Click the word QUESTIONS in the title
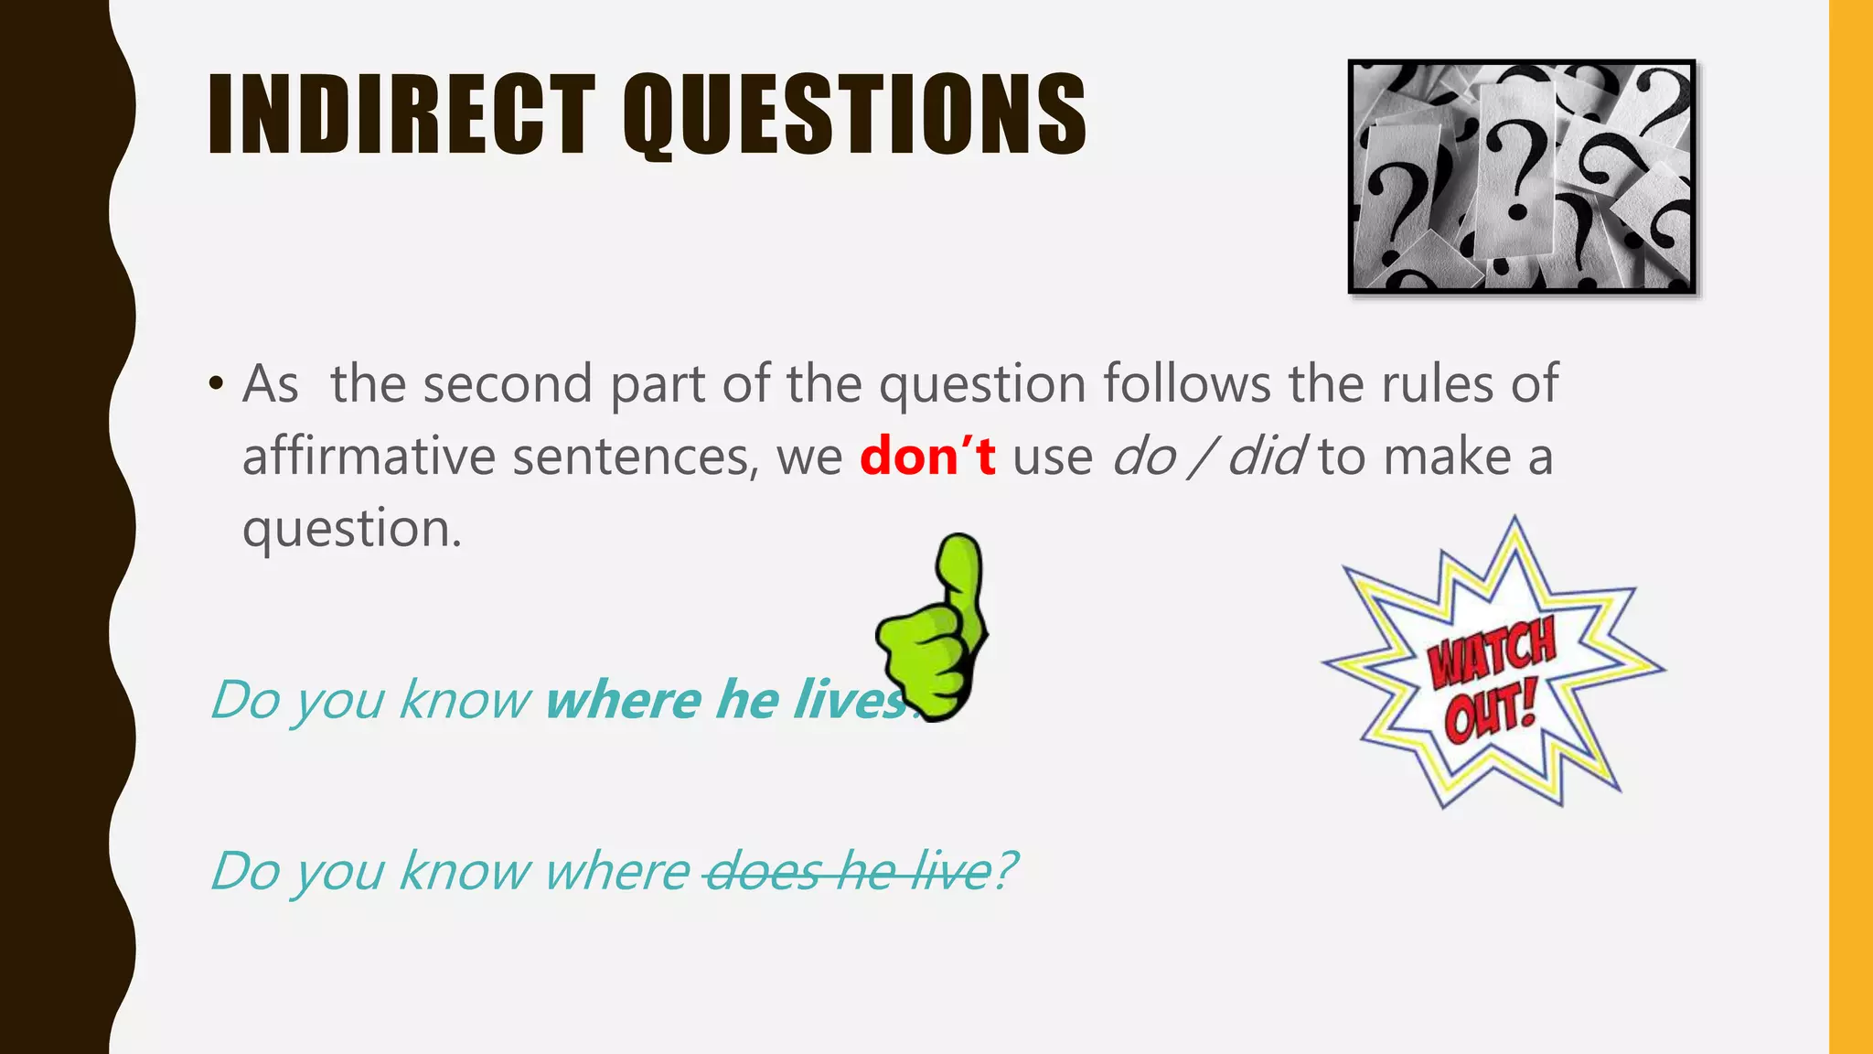855,117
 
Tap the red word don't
927,456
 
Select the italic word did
1266,456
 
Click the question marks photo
1522,177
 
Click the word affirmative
368,456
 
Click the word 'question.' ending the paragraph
352,529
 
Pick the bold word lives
851,700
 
